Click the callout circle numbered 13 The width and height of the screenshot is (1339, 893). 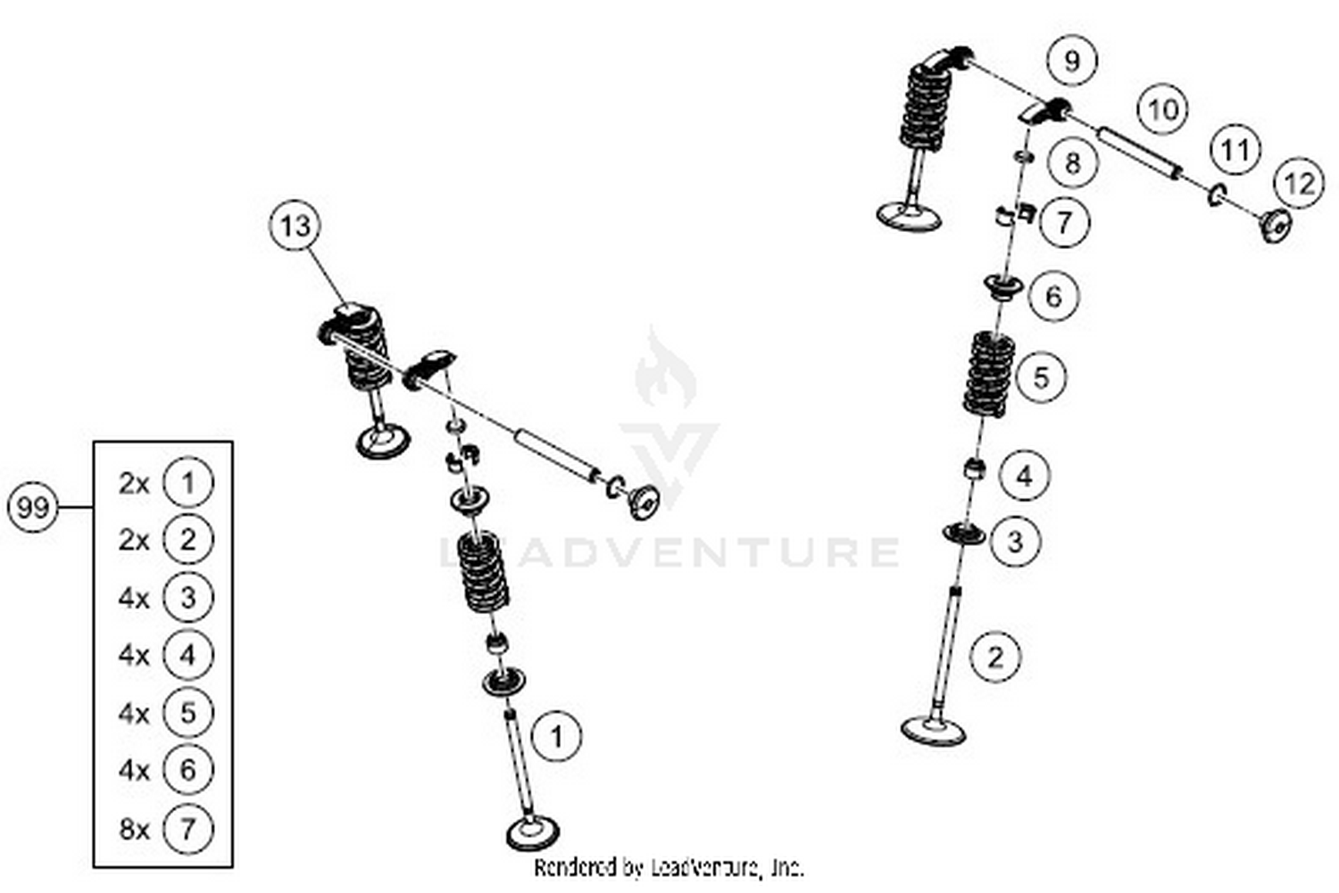tap(295, 227)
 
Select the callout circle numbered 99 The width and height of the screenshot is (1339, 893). tap(33, 507)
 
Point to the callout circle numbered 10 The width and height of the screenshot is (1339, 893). tap(1162, 110)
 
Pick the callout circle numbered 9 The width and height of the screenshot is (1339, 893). tap(1071, 61)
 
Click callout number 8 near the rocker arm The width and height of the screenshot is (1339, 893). tap(1072, 162)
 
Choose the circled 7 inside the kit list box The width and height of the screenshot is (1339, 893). tap(187, 829)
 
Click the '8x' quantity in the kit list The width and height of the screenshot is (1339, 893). tap(134, 829)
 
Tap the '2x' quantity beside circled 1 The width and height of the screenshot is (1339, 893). tap(134, 483)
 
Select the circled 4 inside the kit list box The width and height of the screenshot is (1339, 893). tap(187, 656)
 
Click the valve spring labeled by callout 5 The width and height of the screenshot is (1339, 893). tap(989, 375)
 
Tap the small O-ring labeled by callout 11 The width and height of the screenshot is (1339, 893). tap(1216, 194)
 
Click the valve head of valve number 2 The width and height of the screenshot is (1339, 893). tap(933, 730)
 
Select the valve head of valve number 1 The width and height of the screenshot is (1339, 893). tap(534, 833)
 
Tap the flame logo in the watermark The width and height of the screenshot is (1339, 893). tap(665, 368)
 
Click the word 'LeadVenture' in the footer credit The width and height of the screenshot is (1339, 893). tap(707, 866)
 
